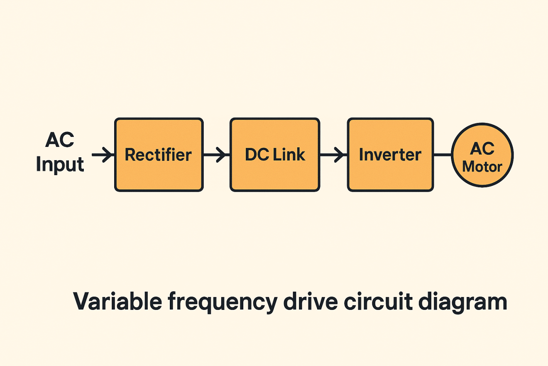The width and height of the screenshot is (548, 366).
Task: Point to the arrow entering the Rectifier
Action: [103, 155]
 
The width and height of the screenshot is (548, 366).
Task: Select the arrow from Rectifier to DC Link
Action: [216, 155]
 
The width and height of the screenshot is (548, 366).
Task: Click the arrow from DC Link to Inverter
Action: [333, 155]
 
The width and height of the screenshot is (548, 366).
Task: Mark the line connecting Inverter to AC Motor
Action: [443, 155]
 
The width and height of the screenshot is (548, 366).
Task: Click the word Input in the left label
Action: [60, 165]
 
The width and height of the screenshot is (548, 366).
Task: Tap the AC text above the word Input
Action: [59, 141]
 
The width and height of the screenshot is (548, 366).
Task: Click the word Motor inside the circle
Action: [482, 167]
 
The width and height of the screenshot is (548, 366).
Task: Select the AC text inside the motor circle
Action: [482, 148]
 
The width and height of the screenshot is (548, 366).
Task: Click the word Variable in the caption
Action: [117, 302]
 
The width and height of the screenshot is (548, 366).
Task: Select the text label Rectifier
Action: [158, 155]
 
